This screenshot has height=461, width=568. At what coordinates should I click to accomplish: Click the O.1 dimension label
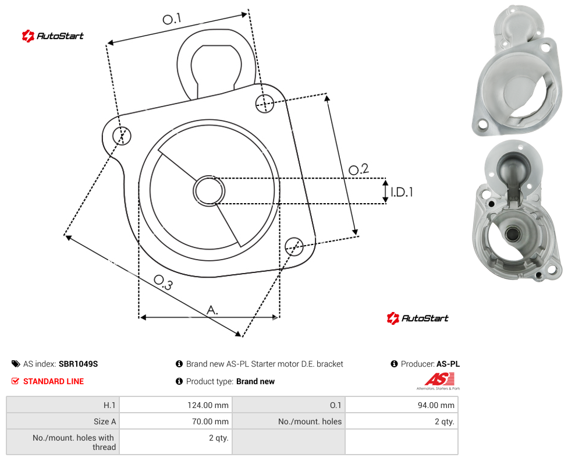(172, 19)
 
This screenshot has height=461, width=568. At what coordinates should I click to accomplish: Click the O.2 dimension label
(358, 169)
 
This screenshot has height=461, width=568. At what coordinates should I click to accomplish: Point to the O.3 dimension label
(163, 282)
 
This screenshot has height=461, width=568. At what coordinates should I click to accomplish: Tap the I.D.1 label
(402, 192)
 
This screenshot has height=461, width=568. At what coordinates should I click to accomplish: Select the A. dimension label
(212, 310)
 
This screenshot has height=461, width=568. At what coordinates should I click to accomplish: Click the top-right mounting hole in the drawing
(265, 103)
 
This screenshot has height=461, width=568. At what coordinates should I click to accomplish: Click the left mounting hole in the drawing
(122, 136)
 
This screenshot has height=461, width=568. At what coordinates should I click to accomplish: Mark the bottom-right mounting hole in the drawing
(294, 247)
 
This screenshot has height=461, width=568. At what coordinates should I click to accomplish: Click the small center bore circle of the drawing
(209, 191)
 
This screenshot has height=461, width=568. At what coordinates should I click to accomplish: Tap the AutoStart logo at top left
(52, 36)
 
